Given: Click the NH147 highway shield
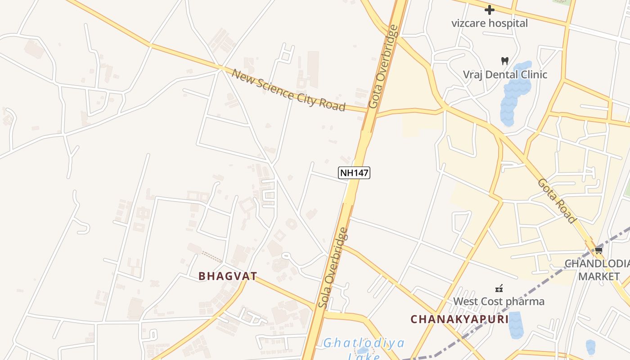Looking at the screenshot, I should [x=354, y=172].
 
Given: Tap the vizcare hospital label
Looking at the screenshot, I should [x=489, y=23].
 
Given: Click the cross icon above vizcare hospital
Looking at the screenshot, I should [x=489, y=10].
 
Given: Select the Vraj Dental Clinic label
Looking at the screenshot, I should [x=505, y=74].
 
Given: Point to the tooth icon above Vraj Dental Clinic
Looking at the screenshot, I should [x=505, y=61].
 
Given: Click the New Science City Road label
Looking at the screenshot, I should [x=288, y=90].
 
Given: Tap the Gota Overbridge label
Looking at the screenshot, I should [x=383, y=66].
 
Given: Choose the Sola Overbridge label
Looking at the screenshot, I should [x=333, y=268].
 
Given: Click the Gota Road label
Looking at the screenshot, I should [x=557, y=201].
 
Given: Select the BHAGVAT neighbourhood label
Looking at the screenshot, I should [x=228, y=276].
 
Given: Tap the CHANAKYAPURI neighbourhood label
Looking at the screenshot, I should [x=459, y=319].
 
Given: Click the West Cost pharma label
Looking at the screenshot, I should [x=499, y=301].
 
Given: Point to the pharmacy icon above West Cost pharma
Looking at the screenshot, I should [x=499, y=288].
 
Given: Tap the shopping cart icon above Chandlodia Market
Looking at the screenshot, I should [x=598, y=251].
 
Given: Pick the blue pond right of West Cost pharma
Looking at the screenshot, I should [x=516, y=325].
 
